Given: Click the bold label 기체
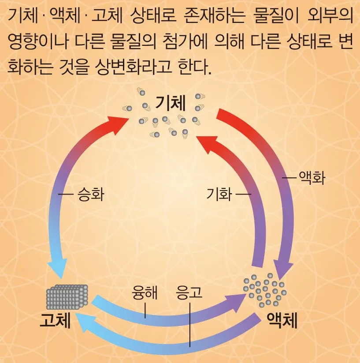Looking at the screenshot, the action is (171, 104).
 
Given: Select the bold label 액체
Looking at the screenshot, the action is (282, 321).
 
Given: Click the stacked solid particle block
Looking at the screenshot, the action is (67, 296).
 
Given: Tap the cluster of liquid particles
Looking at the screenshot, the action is (265, 289).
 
